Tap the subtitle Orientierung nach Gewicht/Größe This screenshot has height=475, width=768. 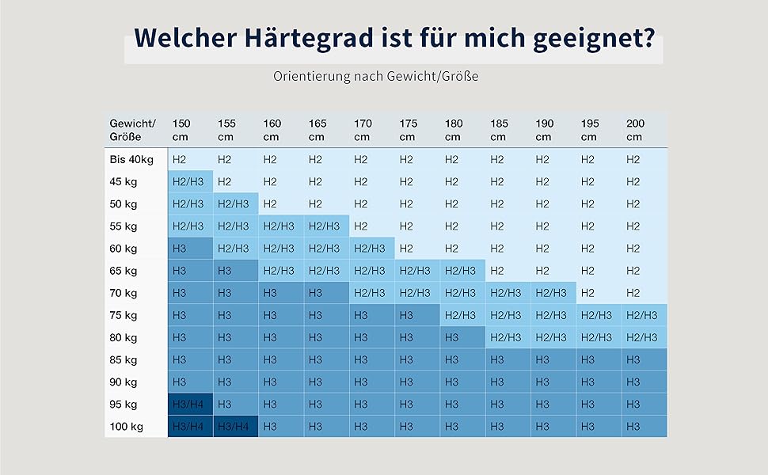[376, 77]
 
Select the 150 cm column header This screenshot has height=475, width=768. [181, 130]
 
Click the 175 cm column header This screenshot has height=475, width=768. [408, 130]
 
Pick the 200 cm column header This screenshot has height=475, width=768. [635, 130]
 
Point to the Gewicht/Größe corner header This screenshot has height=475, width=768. [133, 130]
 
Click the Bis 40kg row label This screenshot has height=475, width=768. [131, 160]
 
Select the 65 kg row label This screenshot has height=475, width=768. [124, 271]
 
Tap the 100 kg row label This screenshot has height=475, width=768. [126, 427]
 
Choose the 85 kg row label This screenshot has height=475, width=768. [124, 359]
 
